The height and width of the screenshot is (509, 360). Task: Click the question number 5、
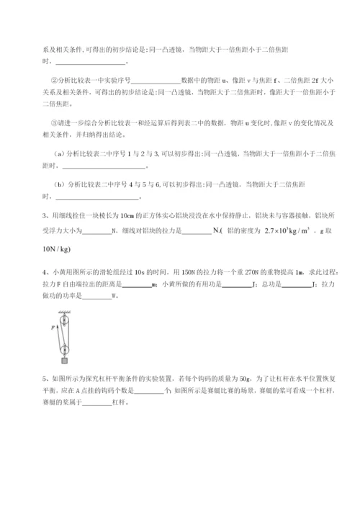pos(26,377)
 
